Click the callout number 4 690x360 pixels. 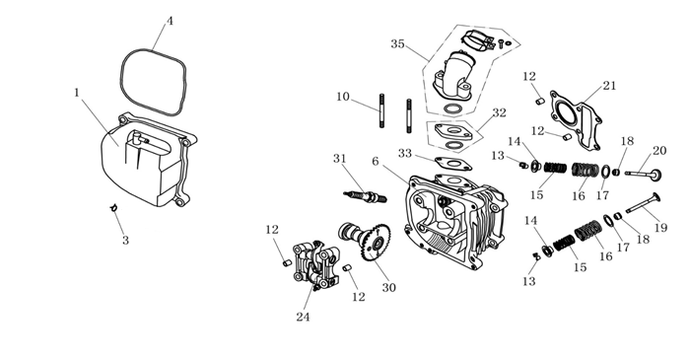coord(170,21)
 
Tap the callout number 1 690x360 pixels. coord(78,93)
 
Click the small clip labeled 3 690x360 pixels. coord(113,207)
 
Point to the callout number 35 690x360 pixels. coord(397,44)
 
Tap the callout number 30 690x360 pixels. coord(388,288)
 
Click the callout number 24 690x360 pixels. coord(303,317)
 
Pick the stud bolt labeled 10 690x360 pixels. coord(382,110)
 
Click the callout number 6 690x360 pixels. coord(375,162)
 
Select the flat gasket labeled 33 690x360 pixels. coord(453,163)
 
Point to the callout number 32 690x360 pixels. coord(499,113)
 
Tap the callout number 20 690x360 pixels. coord(659,151)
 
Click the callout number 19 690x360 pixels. coord(660,228)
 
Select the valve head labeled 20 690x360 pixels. coord(656,176)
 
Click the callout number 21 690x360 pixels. coord(609,86)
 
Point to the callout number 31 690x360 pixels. coord(340,159)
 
